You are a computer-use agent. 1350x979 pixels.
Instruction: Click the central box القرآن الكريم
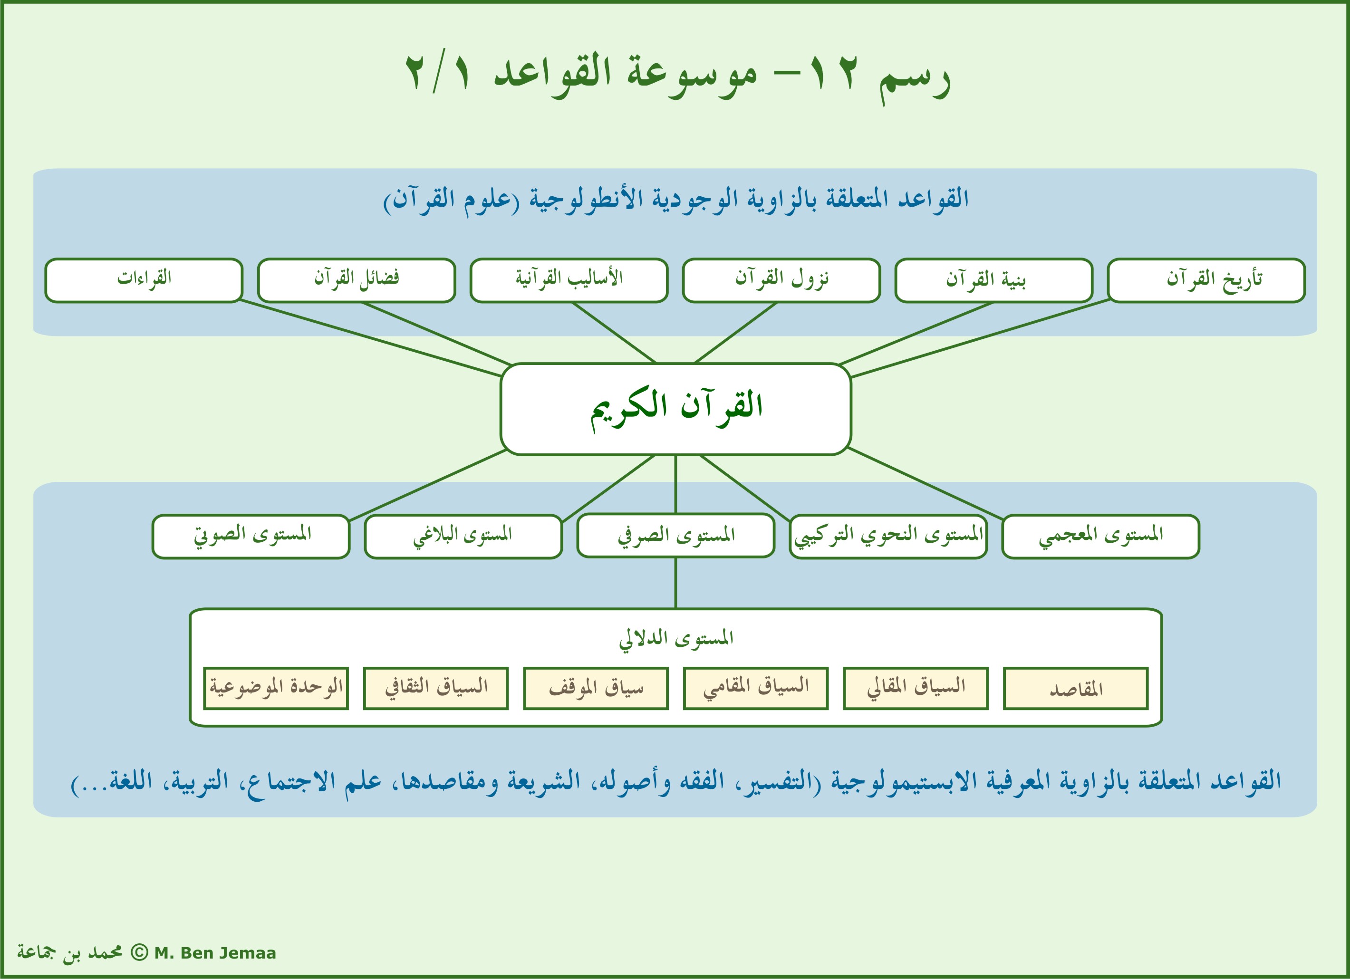coord(675,409)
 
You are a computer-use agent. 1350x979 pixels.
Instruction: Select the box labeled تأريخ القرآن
coord(1206,280)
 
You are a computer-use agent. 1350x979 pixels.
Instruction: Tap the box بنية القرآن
coord(993,280)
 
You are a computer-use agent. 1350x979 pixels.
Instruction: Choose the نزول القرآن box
coord(781,280)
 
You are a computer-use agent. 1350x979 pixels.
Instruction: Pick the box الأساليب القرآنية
coord(569,280)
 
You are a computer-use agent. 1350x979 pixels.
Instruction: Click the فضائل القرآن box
coord(356,280)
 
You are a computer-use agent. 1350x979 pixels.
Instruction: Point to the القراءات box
coord(144,280)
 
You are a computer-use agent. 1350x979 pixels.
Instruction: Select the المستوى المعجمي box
coord(1100,536)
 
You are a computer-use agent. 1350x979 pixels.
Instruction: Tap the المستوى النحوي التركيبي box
coord(888,536)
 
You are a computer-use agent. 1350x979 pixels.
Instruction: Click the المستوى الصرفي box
coord(675,536)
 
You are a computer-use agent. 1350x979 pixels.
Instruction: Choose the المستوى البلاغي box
coord(463,536)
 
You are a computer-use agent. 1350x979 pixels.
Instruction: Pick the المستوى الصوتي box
coord(251,536)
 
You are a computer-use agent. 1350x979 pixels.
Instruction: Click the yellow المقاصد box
coord(1076,689)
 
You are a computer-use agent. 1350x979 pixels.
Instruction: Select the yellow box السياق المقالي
coord(916,689)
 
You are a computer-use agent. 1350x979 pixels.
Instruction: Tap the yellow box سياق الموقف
coord(596,689)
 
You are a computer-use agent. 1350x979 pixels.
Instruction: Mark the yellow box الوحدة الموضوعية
coord(276,689)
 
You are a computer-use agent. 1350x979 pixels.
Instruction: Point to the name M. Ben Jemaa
coord(215,953)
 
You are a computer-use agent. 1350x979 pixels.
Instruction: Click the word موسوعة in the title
coord(691,75)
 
